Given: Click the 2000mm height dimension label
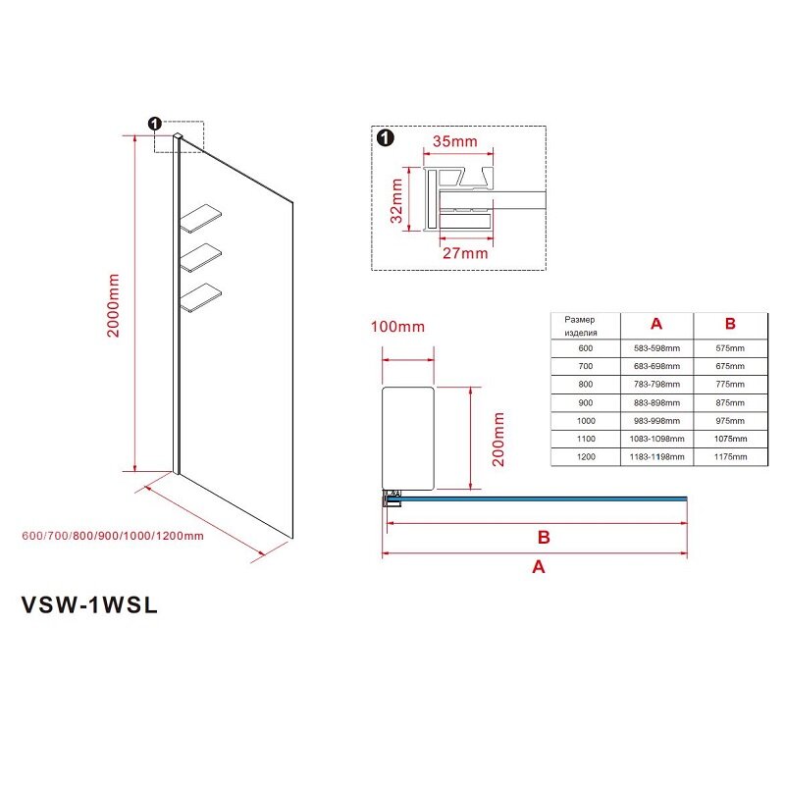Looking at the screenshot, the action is click(114, 305).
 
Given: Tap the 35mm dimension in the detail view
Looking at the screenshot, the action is click(455, 141).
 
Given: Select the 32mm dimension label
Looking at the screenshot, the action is click(396, 201).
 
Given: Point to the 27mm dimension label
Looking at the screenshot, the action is click(465, 253).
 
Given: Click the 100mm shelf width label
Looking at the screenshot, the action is click(397, 327).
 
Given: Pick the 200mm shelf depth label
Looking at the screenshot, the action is click(498, 439).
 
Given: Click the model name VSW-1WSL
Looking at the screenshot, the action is click(89, 604).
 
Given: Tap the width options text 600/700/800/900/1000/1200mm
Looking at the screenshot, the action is click(113, 536).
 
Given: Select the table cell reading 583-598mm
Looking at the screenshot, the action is click(656, 348).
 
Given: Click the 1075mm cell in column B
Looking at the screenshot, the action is click(730, 439).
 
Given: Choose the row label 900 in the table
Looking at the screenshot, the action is click(585, 403).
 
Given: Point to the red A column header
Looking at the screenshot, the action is click(656, 324).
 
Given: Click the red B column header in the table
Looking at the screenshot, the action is click(730, 324).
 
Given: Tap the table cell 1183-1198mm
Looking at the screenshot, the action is click(656, 457).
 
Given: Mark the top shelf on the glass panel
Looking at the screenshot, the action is click(201, 218).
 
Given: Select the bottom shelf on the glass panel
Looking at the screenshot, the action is click(201, 298).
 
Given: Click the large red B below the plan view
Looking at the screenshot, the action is click(544, 538).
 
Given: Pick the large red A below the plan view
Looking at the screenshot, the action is click(538, 567).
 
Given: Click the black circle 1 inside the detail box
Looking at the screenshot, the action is click(385, 138).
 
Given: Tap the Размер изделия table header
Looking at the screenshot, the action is click(580, 326).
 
